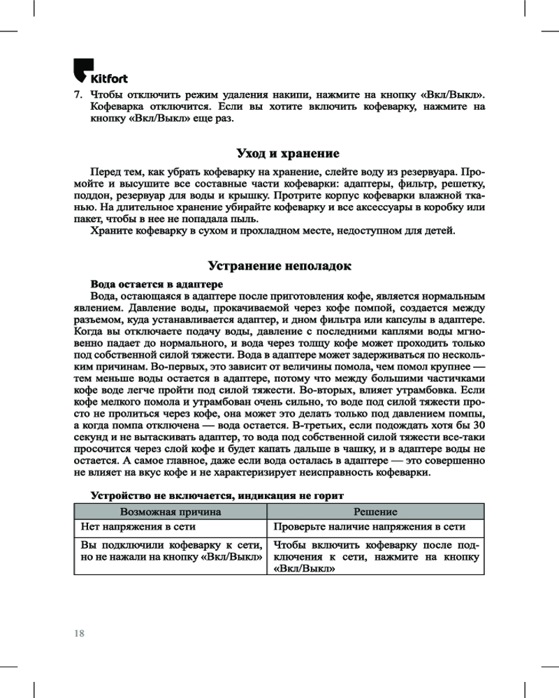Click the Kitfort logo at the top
[x=100, y=72]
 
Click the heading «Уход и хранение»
[x=279, y=153]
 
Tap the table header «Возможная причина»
[x=171, y=512]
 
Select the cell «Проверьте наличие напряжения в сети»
[x=369, y=527]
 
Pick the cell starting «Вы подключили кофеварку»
[x=171, y=551]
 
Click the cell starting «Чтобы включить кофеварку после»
[x=376, y=557]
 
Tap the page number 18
[x=78, y=633]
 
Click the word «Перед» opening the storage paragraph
[x=106, y=172]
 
